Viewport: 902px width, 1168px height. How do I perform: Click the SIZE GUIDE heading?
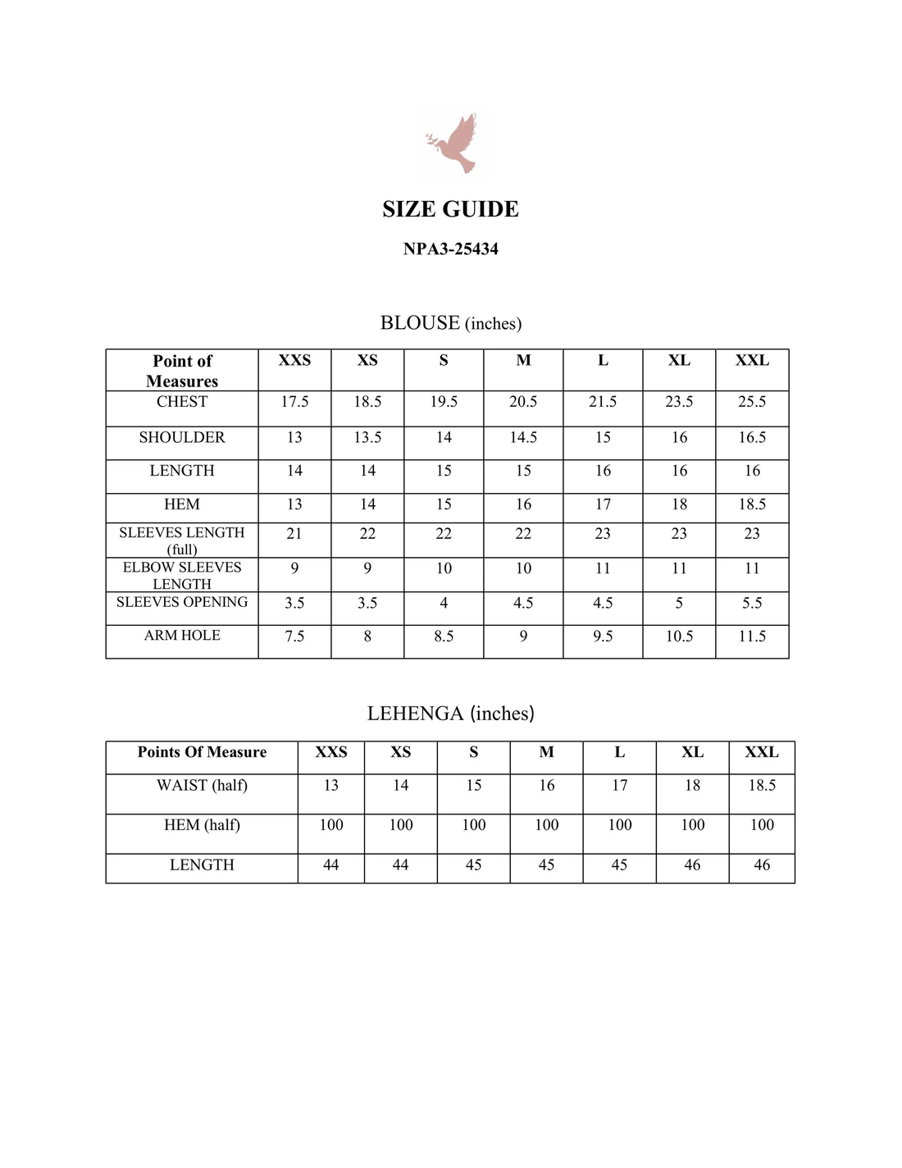tap(450, 209)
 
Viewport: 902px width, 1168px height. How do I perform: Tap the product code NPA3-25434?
tap(450, 249)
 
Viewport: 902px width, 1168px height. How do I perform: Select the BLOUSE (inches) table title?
tap(450, 323)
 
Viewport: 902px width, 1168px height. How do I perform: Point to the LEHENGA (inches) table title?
tap(450, 714)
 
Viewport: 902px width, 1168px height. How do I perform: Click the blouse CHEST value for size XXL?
tap(752, 402)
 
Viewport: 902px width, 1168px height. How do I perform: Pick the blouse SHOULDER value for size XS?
tap(367, 437)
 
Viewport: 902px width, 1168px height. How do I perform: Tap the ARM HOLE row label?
tap(182, 636)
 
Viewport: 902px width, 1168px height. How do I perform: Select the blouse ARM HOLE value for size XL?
tap(679, 636)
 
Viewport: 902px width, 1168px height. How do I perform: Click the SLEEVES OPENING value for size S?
tap(444, 603)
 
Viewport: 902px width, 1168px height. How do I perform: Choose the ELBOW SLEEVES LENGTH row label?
tap(182, 575)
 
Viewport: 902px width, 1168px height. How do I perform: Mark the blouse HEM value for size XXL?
tap(752, 504)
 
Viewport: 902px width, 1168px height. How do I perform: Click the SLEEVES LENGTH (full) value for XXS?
tap(294, 534)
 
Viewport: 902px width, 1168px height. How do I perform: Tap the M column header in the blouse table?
tap(523, 361)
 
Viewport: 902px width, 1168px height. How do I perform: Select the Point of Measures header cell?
tap(182, 371)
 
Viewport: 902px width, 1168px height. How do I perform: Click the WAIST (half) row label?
tap(202, 786)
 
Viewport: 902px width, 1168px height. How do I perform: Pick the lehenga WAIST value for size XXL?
tap(762, 786)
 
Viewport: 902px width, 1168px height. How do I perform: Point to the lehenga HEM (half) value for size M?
tap(546, 825)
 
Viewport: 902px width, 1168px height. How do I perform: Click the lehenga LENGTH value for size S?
tap(473, 865)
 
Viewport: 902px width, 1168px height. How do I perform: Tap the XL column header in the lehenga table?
tap(692, 752)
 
